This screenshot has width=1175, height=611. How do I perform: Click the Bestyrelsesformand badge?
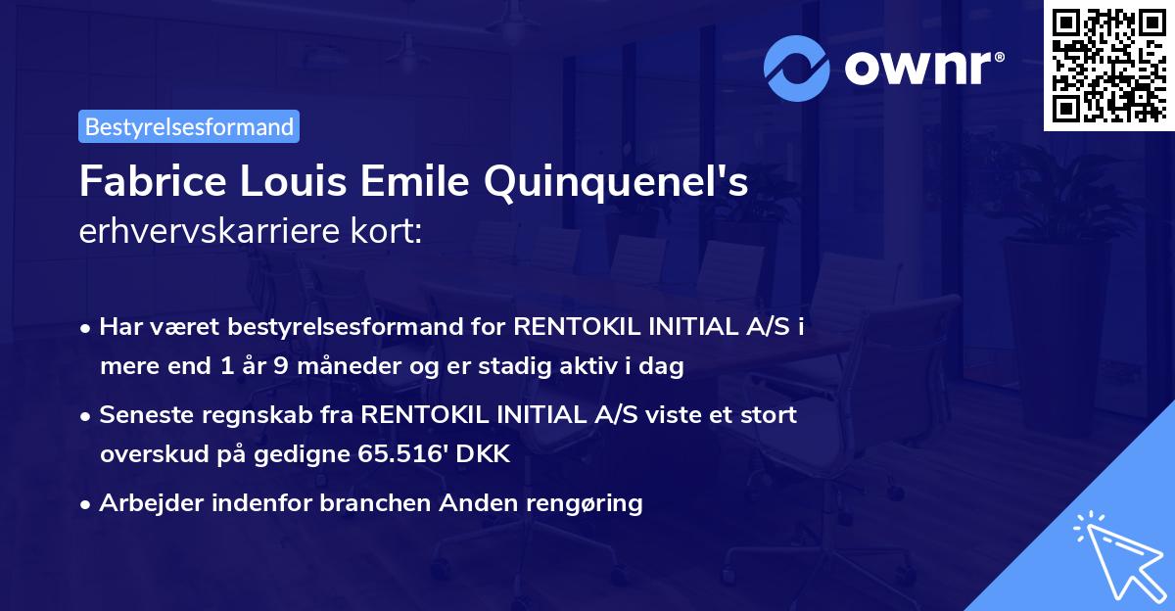pos(189,126)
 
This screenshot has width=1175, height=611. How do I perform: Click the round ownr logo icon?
pos(797,68)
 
